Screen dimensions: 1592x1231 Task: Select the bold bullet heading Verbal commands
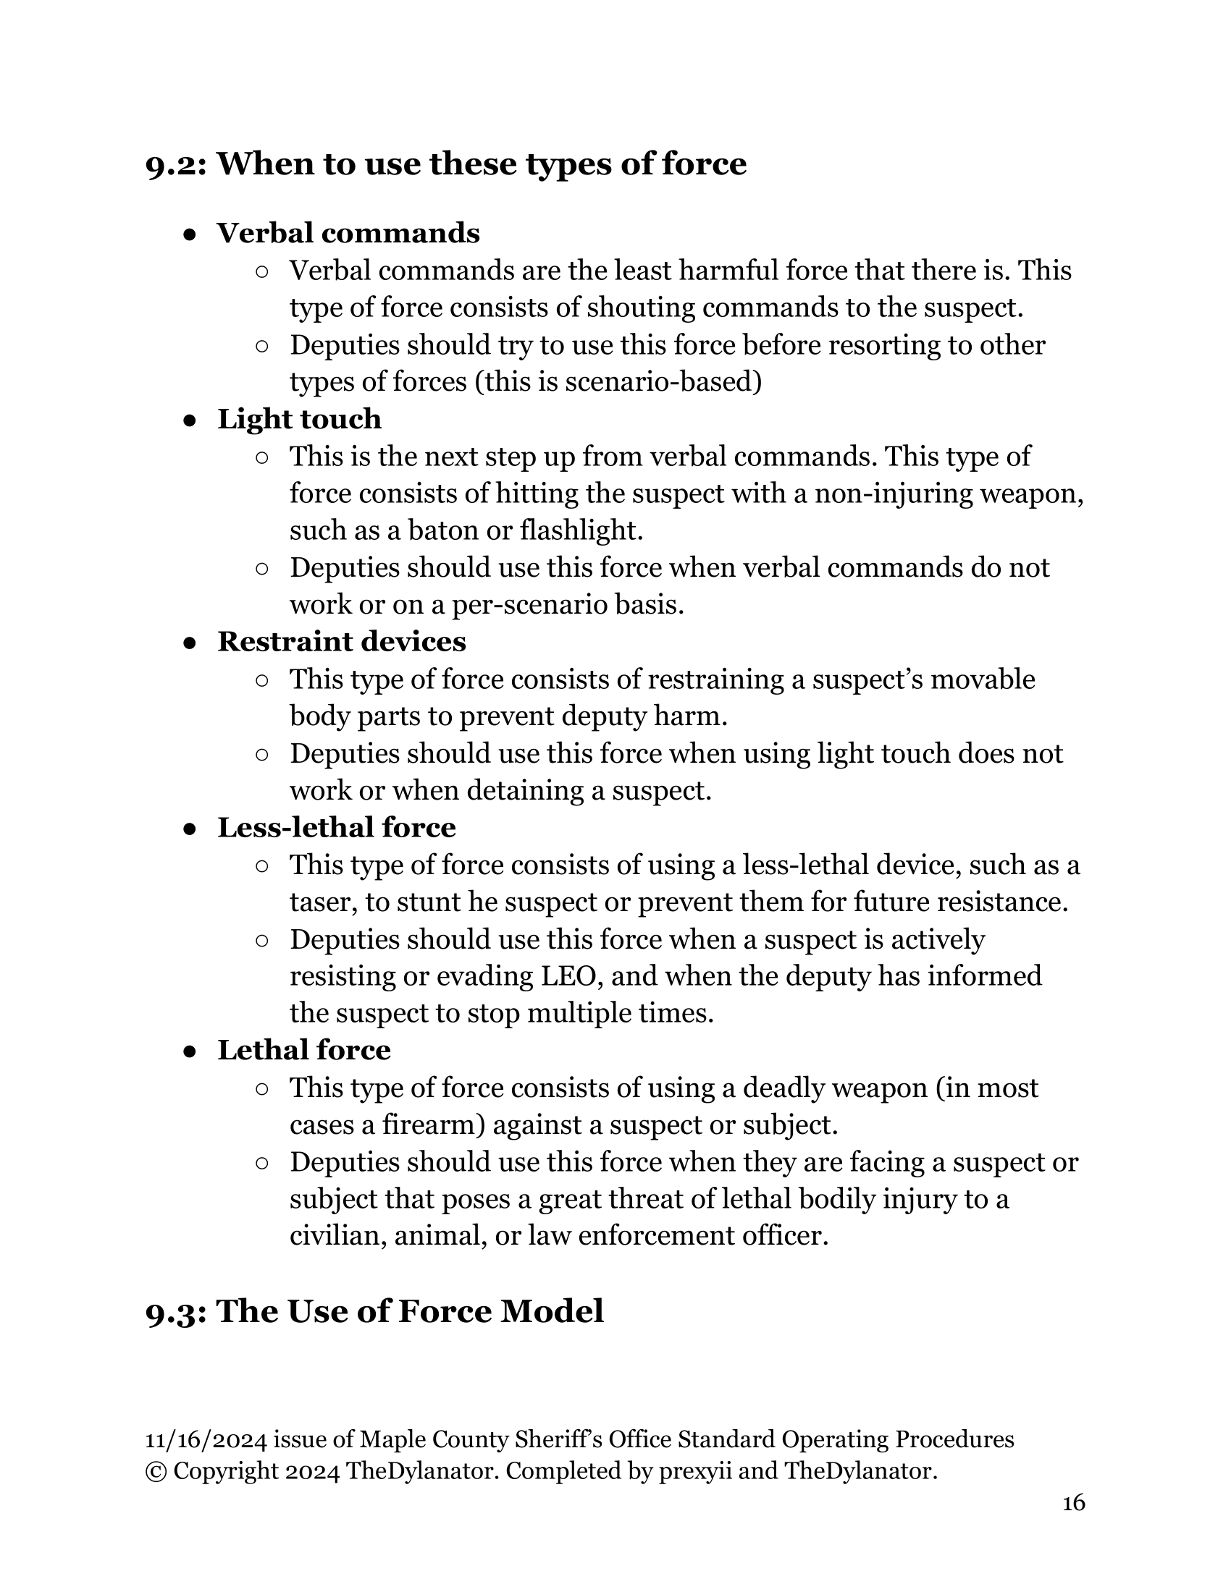click(348, 233)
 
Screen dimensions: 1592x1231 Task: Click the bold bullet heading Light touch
click(299, 419)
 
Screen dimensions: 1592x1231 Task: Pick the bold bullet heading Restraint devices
click(341, 641)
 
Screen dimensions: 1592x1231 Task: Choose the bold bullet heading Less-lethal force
click(336, 827)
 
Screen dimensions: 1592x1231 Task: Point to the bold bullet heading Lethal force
click(303, 1050)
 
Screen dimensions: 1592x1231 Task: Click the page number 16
click(1073, 1503)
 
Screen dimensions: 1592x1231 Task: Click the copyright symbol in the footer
click(156, 1471)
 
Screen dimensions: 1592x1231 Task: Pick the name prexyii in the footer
click(694, 1471)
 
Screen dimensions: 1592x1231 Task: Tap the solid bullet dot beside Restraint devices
click(189, 642)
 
